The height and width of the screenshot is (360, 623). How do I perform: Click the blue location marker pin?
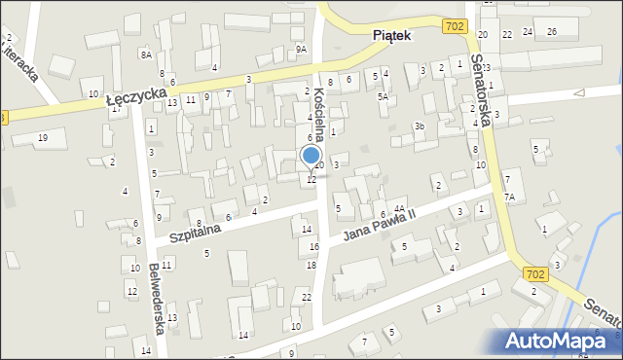pos(311,157)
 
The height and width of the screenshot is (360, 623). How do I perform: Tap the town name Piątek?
pos(392,35)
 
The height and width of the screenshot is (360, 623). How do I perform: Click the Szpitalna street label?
pos(195,231)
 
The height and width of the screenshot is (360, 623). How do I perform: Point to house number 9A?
pos(302,49)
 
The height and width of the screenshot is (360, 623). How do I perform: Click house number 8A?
pos(146,55)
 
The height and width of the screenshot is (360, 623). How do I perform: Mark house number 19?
pos(43,138)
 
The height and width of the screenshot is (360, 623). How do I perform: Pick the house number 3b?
pos(420,126)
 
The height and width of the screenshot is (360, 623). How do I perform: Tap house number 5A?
pos(384,97)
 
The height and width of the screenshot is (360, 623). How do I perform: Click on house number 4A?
pos(399,208)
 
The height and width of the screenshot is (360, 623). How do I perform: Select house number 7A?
pos(509,197)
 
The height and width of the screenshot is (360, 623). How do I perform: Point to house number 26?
pos(552,32)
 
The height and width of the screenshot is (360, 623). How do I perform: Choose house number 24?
pos(528,32)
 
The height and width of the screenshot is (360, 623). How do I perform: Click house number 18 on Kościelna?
pos(311,265)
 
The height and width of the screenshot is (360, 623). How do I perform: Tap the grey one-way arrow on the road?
pos(579,93)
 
